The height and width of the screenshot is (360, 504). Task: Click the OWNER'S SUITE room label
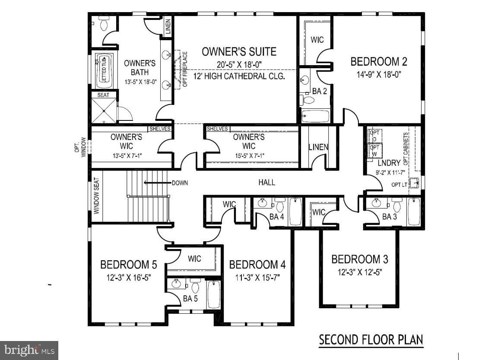click(x=239, y=52)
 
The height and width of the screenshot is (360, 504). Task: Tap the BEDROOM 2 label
click(x=378, y=62)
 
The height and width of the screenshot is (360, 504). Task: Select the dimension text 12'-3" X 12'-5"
click(x=360, y=272)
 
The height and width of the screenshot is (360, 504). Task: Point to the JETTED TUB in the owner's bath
click(x=104, y=71)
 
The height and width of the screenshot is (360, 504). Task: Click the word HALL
click(x=266, y=183)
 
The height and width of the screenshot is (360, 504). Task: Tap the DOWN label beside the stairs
click(x=180, y=183)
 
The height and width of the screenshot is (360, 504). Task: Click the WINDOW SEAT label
click(x=97, y=196)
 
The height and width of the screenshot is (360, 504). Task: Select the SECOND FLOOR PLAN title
click(x=371, y=340)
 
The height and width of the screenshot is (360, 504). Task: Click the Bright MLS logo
click(x=29, y=350)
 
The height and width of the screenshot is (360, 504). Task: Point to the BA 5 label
click(x=190, y=298)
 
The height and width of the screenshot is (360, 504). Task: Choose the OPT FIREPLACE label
click(x=185, y=69)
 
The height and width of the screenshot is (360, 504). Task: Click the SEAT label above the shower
click(x=103, y=95)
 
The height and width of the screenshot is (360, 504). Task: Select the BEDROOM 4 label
click(x=257, y=264)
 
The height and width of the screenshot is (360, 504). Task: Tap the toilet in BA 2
click(x=308, y=100)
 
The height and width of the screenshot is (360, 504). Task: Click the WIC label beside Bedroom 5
click(x=194, y=259)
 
